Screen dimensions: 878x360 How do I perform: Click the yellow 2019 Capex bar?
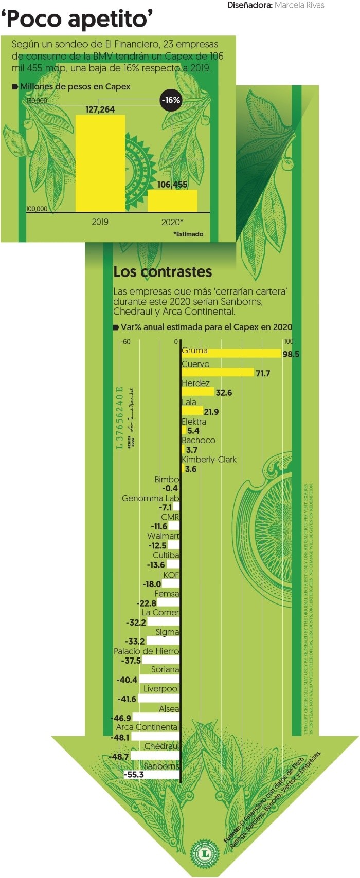pos(100,163)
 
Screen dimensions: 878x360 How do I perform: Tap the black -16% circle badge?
pos(170,100)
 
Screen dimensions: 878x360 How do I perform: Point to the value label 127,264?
pos(100,109)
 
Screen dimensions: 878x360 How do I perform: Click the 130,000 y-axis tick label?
pos(37,101)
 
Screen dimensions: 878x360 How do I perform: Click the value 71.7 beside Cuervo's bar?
pos(263,373)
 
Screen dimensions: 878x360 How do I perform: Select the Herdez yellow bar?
pos(197,392)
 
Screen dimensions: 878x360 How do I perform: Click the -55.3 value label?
pos(134,775)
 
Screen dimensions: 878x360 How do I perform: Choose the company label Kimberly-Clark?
pos(209,459)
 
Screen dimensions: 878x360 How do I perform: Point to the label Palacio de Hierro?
pos(147,651)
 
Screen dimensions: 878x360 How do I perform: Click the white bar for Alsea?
pos(156,718)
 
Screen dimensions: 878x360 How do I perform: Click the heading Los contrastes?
pos(163,271)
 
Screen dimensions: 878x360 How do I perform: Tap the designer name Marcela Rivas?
pos(299,5)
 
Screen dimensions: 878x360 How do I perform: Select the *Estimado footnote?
pos(188,234)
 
